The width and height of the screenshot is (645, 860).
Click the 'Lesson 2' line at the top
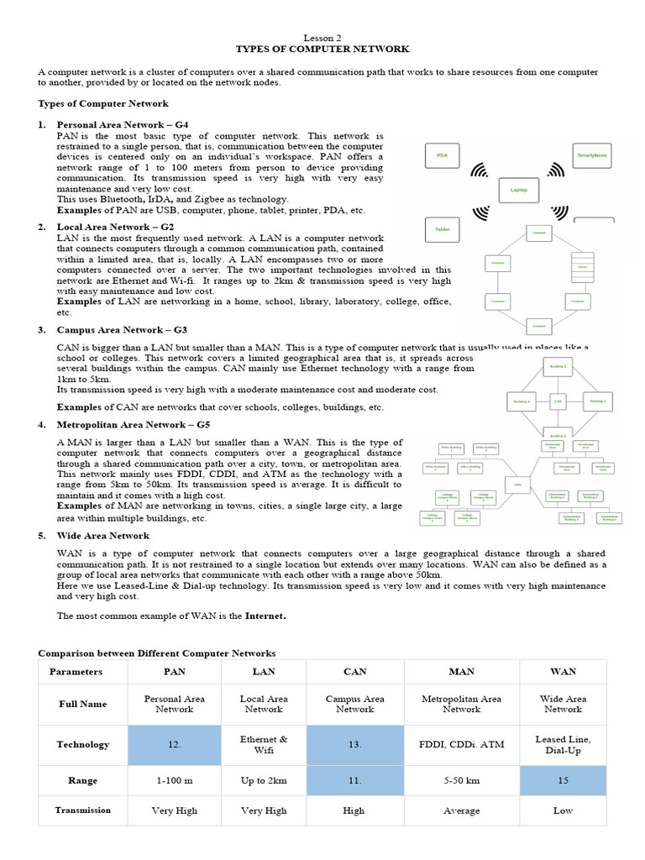pyautogui.click(x=322, y=38)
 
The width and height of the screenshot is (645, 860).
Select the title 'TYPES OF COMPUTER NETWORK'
pyautogui.click(x=322, y=50)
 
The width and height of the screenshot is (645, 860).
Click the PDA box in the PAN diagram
pyautogui.click(x=443, y=155)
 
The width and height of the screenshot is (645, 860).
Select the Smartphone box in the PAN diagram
pyautogui.click(x=591, y=155)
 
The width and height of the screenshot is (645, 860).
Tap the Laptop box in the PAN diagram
pyautogui.click(x=518, y=190)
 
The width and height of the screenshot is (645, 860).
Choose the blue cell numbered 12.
pyautogui.click(x=174, y=744)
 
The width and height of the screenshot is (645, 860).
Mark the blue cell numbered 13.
pyautogui.click(x=355, y=744)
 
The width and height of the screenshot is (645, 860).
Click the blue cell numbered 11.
pyautogui.click(x=355, y=780)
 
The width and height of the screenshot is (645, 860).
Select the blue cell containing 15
pyautogui.click(x=562, y=780)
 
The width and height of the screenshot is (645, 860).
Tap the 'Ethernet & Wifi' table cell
pyautogui.click(x=264, y=744)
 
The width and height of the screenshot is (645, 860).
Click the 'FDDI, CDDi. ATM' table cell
pyautogui.click(x=461, y=744)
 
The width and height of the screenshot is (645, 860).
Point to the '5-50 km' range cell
pyautogui.click(x=461, y=780)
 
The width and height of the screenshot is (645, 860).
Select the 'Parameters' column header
pyautogui.click(x=76, y=671)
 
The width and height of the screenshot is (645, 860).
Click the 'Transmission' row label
pyautogui.click(x=82, y=810)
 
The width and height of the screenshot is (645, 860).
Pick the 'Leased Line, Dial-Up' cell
pyautogui.click(x=562, y=744)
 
